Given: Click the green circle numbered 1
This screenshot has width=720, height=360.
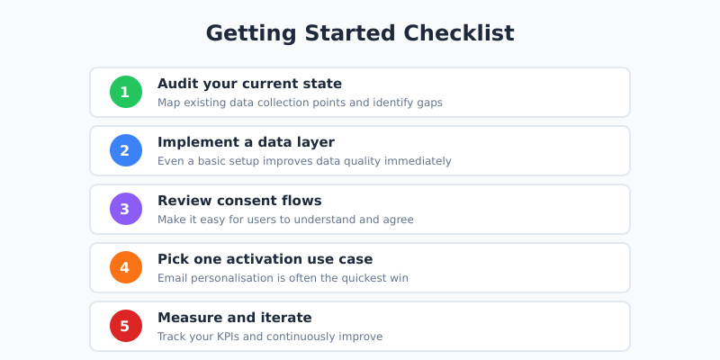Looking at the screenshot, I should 125,92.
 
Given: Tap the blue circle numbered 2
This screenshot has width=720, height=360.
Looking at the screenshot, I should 125,150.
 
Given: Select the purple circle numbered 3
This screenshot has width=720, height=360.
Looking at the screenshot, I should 125,209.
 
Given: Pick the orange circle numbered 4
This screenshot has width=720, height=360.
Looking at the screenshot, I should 125,267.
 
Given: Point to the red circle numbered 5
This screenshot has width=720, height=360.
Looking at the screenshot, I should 125,326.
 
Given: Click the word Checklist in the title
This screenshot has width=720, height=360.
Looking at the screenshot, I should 459,33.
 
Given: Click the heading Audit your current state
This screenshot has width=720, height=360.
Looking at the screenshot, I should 249,84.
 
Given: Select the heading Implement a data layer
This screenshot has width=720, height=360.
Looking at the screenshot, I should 246,142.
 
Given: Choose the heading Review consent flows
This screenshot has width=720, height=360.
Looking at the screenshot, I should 239,201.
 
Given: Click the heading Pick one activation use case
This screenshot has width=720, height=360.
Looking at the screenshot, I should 265,259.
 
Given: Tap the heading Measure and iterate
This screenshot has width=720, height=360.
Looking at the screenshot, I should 234,318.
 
